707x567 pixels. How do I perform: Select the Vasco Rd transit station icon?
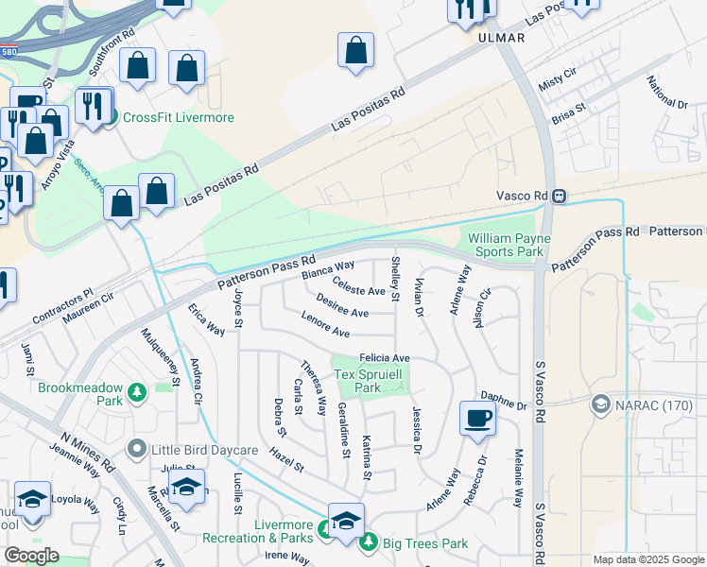coord(560,197)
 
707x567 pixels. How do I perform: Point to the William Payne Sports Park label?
coord(508,246)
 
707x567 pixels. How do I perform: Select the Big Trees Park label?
coord(424,543)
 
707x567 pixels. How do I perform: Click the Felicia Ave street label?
coord(384,358)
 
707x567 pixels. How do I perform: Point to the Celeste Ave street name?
coord(359,286)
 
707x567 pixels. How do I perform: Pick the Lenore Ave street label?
coord(325,327)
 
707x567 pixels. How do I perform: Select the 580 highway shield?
coord(9,54)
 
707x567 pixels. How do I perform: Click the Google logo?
coord(31,556)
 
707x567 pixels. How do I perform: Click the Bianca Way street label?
coord(327,270)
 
